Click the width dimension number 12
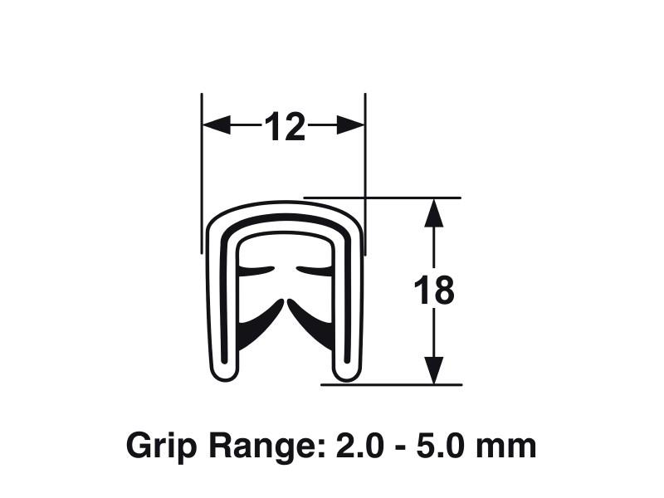284,126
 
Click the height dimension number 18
434,291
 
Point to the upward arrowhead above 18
433,212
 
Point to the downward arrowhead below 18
433,370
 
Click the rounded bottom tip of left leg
223,373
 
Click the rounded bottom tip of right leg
344,373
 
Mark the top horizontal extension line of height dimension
390,198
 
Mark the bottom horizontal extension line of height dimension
390,384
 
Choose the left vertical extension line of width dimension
202,166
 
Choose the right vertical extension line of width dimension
365,166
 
